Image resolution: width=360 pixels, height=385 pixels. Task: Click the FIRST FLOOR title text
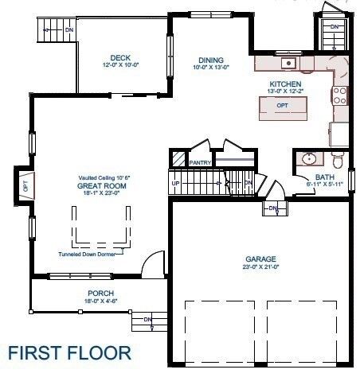tap(70, 352)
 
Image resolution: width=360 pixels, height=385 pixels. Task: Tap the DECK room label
tap(121, 57)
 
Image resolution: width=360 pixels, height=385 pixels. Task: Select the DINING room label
tap(211, 60)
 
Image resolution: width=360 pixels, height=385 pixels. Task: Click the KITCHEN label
tap(286, 84)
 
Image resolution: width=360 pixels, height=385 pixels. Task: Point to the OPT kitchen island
tap(282, 106)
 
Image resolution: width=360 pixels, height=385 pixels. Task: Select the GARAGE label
tap(260, 259)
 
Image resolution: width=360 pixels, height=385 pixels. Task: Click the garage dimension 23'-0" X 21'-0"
tap(260, 267)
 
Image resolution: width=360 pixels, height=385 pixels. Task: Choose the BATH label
tap(324, 177)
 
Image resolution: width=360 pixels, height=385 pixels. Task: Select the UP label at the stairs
tap(175, 183)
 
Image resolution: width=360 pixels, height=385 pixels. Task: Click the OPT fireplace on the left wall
tap(25, 187)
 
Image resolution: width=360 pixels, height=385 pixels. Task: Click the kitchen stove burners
tap(340, 95)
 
